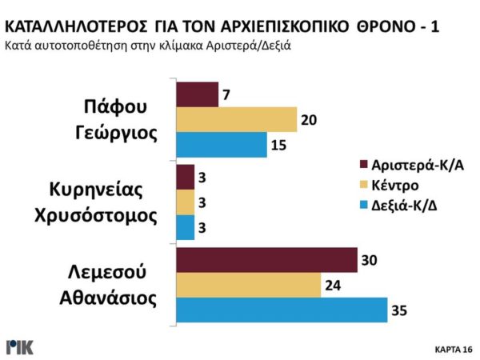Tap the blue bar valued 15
(221, 145)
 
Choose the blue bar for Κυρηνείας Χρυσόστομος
(184, 227)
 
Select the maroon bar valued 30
(266, 260)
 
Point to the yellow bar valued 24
(247, 285)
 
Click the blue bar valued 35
(280, 310)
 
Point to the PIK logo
(20, 347)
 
